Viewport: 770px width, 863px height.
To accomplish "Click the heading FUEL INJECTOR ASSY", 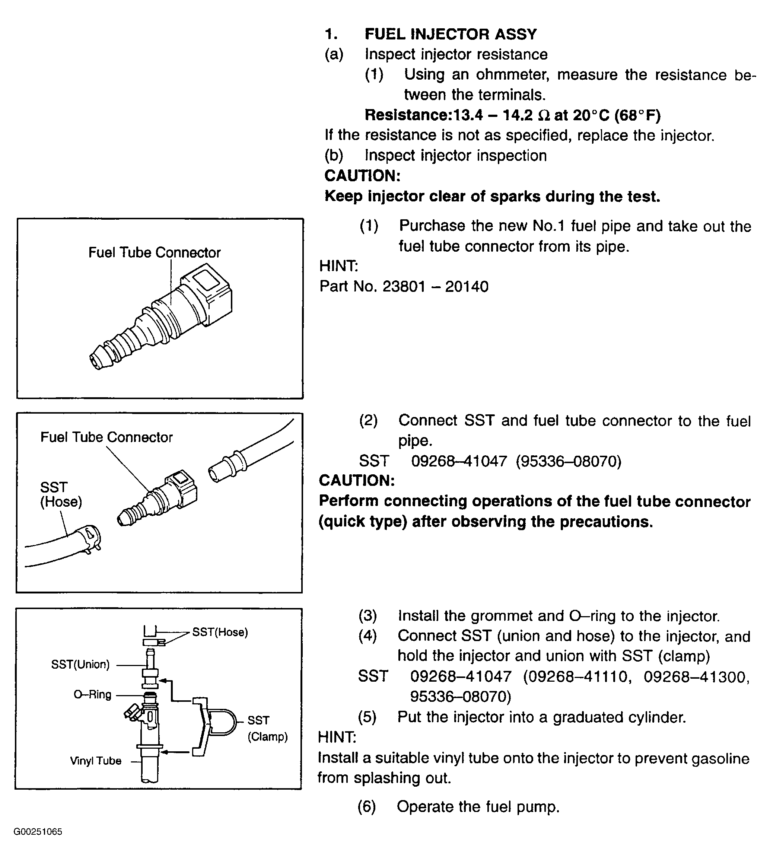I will tap(450, 34).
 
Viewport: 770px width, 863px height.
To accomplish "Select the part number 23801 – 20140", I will tap(435, 287).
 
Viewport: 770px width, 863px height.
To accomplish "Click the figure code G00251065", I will tap(38, 832).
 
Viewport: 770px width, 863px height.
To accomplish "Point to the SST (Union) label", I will tap(80, 665).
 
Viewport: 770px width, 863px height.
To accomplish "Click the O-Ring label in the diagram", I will tap(92, 695).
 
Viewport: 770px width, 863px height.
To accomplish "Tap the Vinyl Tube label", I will tap(96, 761).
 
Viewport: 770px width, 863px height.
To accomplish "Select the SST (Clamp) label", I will tap(267, 729).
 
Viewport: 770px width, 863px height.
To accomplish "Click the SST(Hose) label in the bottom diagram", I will tap(220, 633).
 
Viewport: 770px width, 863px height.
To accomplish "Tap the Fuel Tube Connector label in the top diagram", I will tap(155, 252).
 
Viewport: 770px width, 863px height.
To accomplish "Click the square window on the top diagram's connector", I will tap(206, 277).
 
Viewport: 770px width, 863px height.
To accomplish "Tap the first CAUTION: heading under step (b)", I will tap(362, 176).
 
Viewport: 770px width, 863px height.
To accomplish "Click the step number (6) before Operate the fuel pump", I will tap(366, 807).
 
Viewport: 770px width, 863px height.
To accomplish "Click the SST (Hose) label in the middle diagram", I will tap(61, 494).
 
